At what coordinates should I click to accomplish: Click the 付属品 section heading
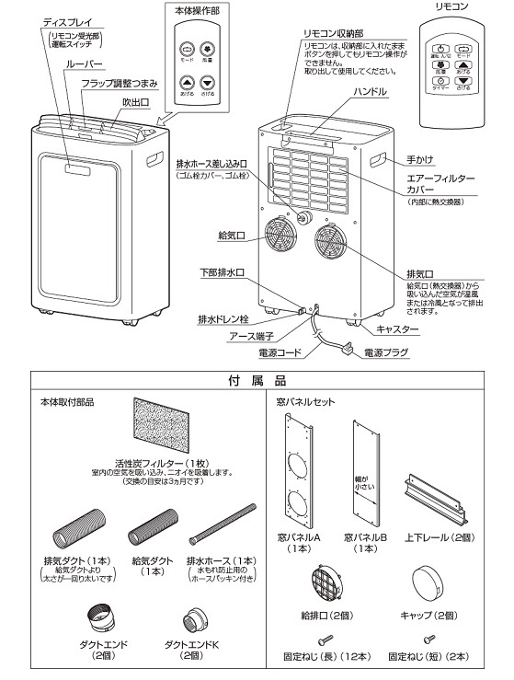coord(256,380)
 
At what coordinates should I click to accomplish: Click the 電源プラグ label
coord(389,352)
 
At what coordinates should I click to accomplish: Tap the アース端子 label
coord(249,337)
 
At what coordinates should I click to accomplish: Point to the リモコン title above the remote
coord(451,6)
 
